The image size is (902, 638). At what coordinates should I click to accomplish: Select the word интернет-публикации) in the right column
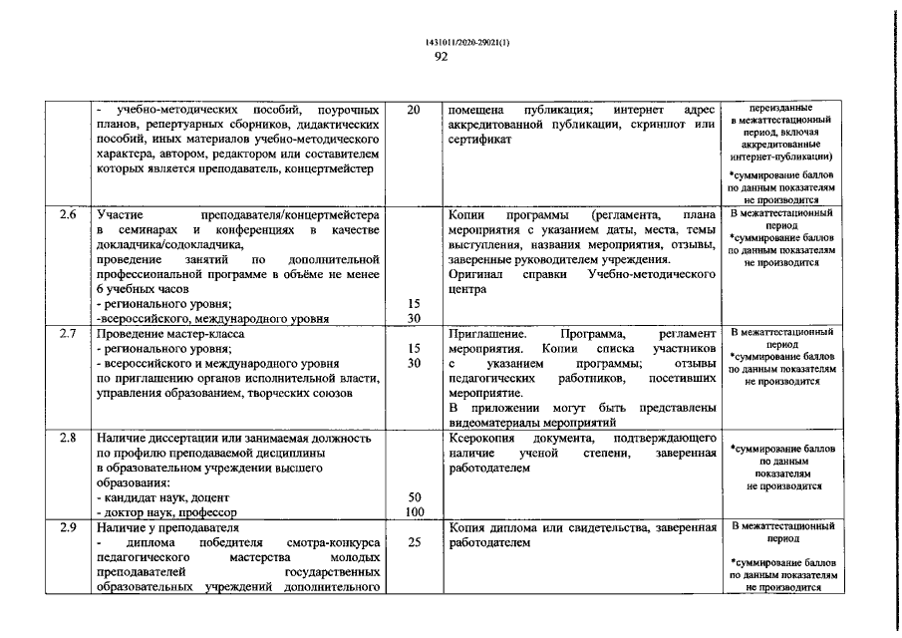tap(781, 157)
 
